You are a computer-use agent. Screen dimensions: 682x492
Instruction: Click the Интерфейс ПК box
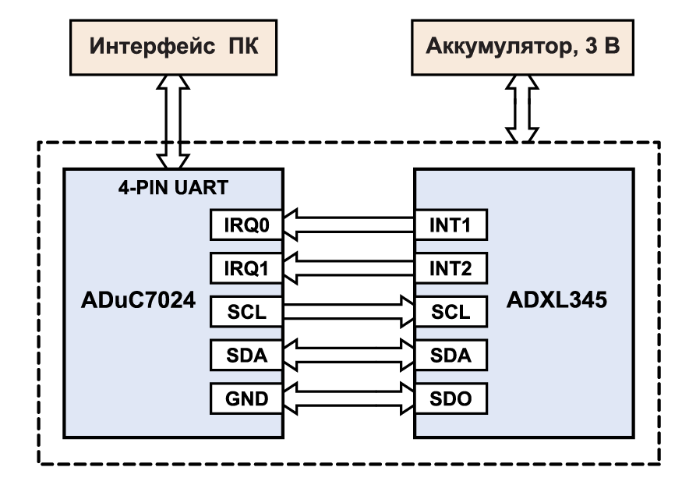(173, 48)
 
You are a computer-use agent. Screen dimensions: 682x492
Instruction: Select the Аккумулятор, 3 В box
(522, 48)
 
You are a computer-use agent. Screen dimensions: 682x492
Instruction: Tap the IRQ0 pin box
(246, 225)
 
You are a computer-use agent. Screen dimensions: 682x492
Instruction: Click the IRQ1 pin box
(246, 268)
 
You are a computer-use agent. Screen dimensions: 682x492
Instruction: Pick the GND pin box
(246, 398)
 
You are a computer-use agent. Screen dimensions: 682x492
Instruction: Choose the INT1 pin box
(451, 225)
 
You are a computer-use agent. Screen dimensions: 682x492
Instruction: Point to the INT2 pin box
(451, 268)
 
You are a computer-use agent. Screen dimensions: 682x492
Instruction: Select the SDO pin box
(451, 398)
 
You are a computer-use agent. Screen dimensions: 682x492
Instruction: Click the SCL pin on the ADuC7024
(246, 312)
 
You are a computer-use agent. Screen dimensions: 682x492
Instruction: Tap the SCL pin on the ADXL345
(451, 312)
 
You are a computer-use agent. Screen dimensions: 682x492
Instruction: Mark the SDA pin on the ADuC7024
(246, 356)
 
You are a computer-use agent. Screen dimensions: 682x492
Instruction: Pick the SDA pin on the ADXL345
(451, 356)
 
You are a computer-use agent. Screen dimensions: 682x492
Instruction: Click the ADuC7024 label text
(138, 300)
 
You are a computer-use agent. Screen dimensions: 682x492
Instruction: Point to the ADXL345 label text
(557, 300)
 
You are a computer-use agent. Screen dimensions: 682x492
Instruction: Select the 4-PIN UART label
(173, 187)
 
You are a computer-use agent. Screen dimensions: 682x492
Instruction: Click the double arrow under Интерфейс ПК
(173, 122)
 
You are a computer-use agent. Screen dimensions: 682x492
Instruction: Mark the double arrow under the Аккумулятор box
(522, 108)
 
